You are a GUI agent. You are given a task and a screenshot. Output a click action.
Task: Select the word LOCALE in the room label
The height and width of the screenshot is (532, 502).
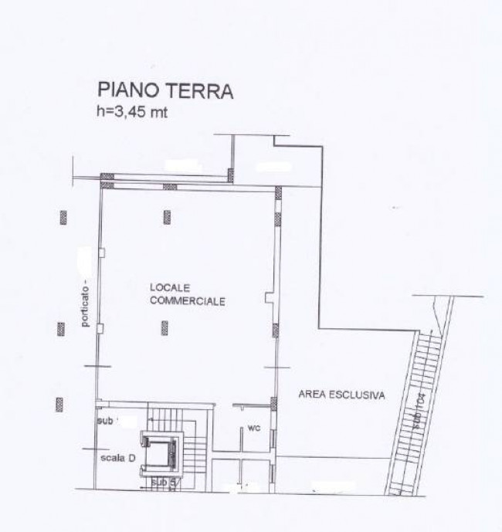click(167, 287)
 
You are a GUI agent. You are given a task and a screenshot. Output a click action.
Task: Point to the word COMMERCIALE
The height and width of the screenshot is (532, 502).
click(187, 301)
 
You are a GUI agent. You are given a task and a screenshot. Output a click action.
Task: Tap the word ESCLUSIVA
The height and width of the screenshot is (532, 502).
click(358, 395)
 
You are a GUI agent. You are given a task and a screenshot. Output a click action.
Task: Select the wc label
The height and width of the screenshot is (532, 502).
click(252, 428)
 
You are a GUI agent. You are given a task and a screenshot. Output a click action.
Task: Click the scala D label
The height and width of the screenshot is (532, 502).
click(119, 457)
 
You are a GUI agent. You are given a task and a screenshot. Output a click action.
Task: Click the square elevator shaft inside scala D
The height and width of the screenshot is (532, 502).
click(164, 450)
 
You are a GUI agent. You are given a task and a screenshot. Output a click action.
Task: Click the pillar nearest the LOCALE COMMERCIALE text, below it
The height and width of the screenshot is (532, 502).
click(165, 328)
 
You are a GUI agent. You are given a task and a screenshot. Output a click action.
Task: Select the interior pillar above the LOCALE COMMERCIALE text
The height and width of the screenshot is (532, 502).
click(167, 217)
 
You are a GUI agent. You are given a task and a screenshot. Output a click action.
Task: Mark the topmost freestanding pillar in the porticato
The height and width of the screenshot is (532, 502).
click(61, 217)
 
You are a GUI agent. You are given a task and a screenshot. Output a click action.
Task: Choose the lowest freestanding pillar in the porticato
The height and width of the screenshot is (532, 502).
click(59, 403)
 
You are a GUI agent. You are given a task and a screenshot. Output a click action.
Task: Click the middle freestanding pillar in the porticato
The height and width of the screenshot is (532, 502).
click(60, 328)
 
